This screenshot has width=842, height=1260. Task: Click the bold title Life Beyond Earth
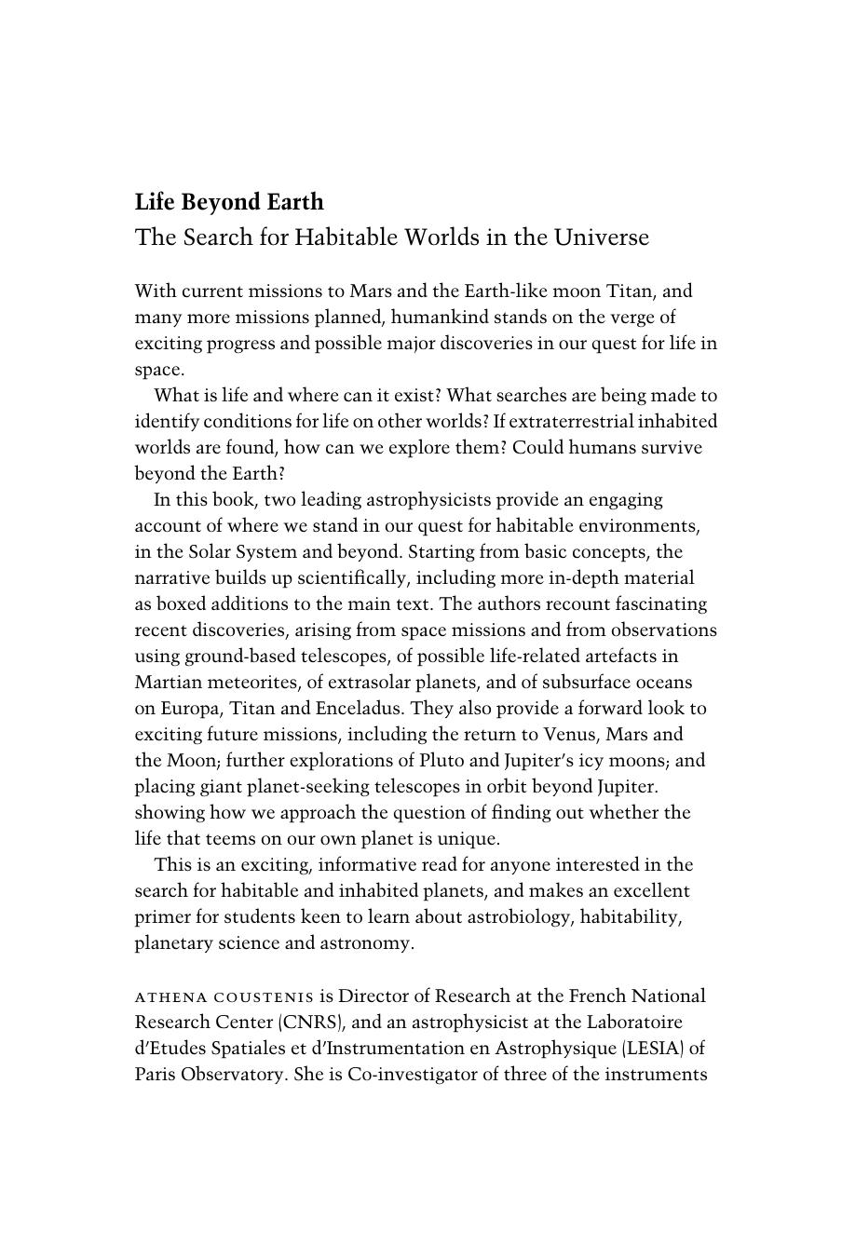[x=229, y=202]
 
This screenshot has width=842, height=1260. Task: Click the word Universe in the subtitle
[x=601, y=237]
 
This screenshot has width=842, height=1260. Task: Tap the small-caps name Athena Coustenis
[x=224, y=996]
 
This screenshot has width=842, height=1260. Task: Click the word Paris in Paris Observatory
[x=155, y=1074]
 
